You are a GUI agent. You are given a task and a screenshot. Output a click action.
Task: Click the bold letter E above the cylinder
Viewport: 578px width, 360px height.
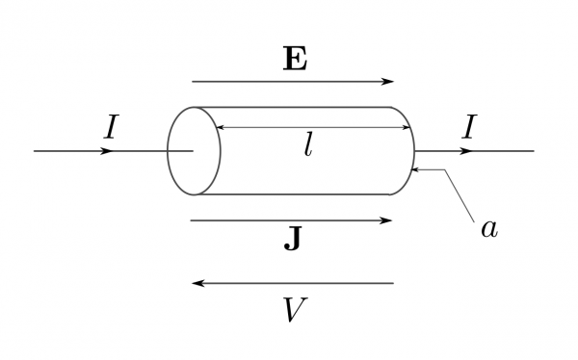point(295,60)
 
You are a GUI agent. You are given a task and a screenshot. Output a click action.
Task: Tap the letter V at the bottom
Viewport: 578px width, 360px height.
point(295,310)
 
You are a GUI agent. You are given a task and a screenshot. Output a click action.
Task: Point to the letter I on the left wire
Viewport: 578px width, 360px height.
point(111,127)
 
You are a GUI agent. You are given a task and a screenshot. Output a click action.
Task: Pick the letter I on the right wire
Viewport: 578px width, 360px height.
point(468,127)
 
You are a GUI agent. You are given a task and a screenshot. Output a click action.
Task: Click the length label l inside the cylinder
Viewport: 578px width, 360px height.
point(308,145)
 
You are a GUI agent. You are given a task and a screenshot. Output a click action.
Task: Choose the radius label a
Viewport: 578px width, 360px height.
point(489,228)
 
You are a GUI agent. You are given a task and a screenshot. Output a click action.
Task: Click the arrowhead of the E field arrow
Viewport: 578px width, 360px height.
point(387,82)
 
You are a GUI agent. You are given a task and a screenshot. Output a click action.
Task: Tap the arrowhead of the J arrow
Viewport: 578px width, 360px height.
point(387,220)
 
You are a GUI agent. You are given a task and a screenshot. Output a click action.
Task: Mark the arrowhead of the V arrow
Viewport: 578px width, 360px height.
point(198,283)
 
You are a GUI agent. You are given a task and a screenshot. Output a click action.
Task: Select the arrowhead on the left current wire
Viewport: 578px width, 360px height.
point(106,151)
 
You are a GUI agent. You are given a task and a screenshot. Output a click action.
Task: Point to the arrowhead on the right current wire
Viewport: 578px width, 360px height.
point(464,151)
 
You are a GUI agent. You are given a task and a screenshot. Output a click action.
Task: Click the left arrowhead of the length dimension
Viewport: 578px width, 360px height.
point(219,127)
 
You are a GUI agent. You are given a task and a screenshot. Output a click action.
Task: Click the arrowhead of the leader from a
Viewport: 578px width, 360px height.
point(414,170)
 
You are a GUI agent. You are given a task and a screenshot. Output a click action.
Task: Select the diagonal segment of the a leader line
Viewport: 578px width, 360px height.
point(460,195)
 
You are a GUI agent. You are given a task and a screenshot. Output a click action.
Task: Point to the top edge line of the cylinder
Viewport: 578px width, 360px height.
point(299,107)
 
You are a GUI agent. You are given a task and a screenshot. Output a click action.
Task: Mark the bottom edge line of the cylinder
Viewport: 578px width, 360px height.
point(299,194)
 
